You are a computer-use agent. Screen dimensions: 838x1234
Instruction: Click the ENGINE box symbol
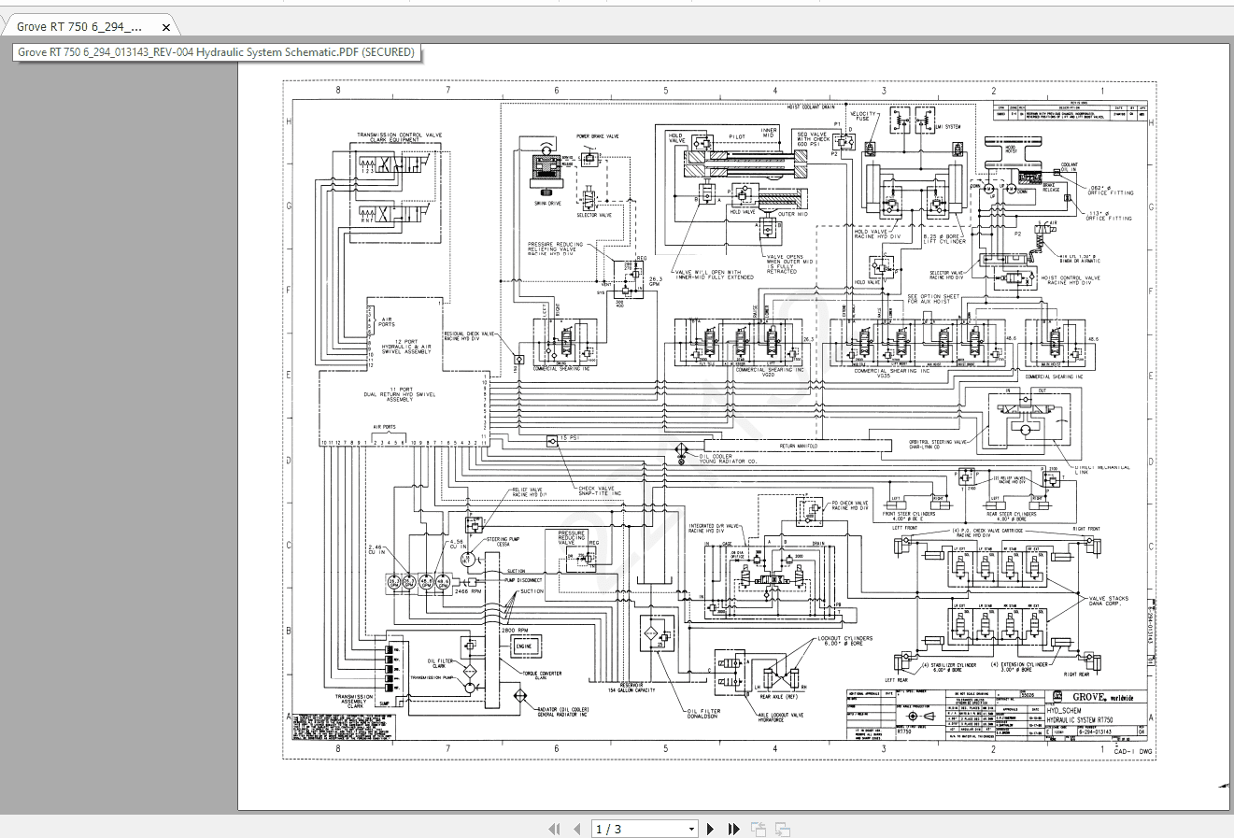pyautogui.click(x=523, y=646)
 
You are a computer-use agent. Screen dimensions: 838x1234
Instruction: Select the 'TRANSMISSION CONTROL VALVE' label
pyautogui.click(x=399, y=135)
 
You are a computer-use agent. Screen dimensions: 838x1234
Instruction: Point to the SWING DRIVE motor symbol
pyautogui.click(x=547, y=172)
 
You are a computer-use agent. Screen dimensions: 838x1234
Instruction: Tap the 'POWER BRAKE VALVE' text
pyautogui.click(x=597, y=136)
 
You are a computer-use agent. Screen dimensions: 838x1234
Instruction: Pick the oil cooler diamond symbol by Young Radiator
pyautogui.click(x=681, y=450)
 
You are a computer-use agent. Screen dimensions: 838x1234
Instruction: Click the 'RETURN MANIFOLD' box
pyautogui.click(x=799, y=447)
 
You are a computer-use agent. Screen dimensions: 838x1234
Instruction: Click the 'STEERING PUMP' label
pyautogui.click(x=503, y=539)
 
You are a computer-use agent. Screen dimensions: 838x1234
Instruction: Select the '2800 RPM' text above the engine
pyautogui.click(x=516, y=631)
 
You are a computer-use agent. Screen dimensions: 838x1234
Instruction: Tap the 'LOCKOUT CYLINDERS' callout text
pyautogui.click(x=845, y=641)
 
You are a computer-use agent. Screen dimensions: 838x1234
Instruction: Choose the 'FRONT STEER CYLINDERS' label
pyautogui.click(x=909, y=514)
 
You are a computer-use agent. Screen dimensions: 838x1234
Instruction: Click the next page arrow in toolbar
pyautogui.click(x=710, y=829)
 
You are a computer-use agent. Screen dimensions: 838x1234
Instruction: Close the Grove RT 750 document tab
pyautogui.click(x=166, y=27)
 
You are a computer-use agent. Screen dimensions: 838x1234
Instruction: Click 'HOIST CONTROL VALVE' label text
pyautogui.click(x=1071, y=279)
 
